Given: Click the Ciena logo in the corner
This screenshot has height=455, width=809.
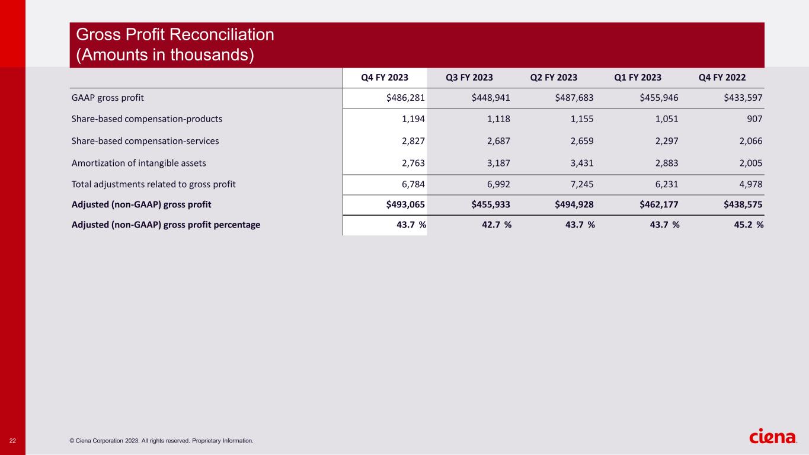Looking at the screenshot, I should pyautogui.click(x=773, y=437).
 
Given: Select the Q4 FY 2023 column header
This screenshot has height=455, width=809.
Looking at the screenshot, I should pyautogui.click(x=385, y=78).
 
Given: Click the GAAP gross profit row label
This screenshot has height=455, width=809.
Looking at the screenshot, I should pyautogui.click(x=108, y=98).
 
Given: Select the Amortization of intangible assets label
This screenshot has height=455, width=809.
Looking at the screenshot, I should pyautogui.click(x=139, y=163).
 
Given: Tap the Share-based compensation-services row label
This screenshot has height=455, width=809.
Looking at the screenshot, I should pyautogui.click(x=145, y=141).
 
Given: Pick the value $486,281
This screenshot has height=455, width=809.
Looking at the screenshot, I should pyautogui.click(x=405, y=98).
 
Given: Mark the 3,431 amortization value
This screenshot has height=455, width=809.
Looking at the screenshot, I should pyautogui.click(x=581, y=163).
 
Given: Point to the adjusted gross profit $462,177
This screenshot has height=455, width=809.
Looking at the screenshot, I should pyautogui.click(x=658, y=205).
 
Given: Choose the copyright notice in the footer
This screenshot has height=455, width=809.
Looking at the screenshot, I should pyautogui.click(x=161, y=441).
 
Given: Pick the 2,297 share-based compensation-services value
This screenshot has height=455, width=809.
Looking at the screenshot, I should pyautogui.click(x=666, y=141).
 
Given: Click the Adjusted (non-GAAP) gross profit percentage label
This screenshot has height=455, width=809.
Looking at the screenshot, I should pyautogui.click(x=166, y=225).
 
